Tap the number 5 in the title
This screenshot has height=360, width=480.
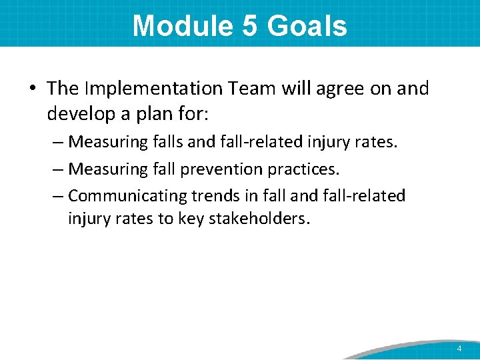point(244,26)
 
